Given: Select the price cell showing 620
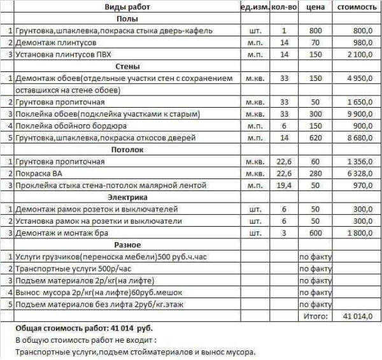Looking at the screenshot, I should click(x=316, y=138).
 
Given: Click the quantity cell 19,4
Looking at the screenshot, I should click(x=284, y=185).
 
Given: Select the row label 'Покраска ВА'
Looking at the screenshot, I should click(x=38, y=173).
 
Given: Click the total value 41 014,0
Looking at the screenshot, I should click(x=357, y=316).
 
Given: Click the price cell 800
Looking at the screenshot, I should click(x=316, y=31).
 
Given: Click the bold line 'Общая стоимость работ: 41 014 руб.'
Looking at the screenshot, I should click(x=84, y=328).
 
